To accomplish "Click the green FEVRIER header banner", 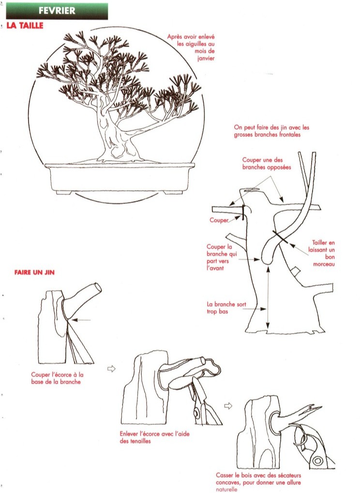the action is [x=57, y=11].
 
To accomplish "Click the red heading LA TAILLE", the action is [x=25, y=26].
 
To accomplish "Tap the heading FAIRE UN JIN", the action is [x=34, y=272].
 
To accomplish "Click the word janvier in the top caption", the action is [x=206, y=58].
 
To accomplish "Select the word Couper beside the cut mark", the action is [x=219, y=220].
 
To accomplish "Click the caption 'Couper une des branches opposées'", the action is [x=267, y=164].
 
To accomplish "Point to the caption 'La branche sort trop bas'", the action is [x=226, y=308].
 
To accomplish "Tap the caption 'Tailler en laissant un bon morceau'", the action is [x=321, y=253].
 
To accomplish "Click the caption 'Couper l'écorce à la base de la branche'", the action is [x=57, y=378].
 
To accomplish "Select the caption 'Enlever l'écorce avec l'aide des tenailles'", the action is [x=154, y=437].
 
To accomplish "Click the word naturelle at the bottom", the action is [x=226, y=489].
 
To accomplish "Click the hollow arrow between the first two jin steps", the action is [x=111, y=369].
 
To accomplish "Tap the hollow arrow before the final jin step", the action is [x=228, y=406].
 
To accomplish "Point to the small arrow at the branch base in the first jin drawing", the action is [x=81, y=320].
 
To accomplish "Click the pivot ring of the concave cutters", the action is [x=317, y=461].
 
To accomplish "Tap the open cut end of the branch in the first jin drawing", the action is [x=98, y=288].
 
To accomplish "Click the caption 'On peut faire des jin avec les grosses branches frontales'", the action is [x=271, y=131].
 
